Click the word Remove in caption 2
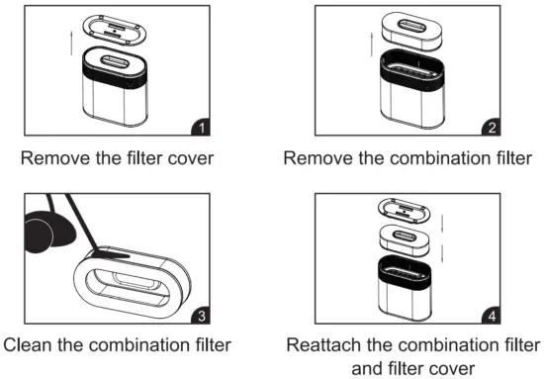pos(313,157)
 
